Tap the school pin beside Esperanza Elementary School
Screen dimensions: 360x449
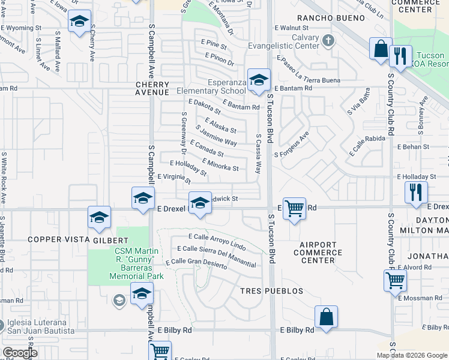point(259,80)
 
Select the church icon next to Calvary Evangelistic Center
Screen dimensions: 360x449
point(328,41)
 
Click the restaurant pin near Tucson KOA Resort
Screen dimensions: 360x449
point(400,57)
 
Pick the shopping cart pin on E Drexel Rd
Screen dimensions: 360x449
point(294,209)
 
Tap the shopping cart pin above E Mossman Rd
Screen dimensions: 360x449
point(396,280)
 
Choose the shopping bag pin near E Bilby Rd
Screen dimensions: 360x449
point(326,317)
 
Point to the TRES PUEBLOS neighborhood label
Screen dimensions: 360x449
point(272,291)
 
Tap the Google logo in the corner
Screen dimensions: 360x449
point(20,353)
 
